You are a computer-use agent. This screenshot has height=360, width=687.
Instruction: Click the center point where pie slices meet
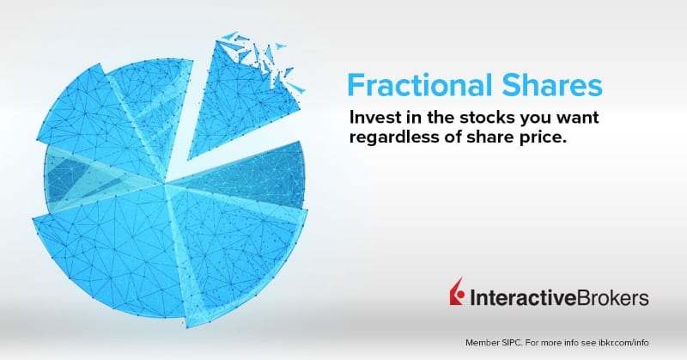coord(166,183)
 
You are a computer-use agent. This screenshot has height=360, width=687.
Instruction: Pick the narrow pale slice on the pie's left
coord(77,172)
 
